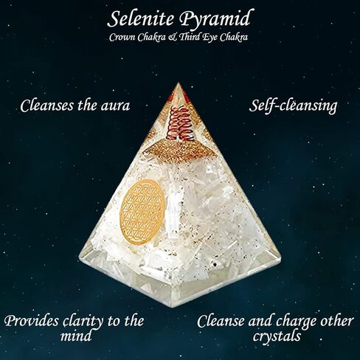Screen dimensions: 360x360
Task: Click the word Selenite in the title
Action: pyautogui.click(x=140, y=18)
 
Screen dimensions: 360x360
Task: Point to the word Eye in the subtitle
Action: pyautogui.click(x=210, y=38)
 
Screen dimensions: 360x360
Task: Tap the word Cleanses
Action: pyautogui.click(x=47, y=105)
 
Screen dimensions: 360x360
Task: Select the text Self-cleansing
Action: pyautogui.click(x=293, y=106)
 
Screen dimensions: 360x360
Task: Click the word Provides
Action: pyautogui.click(x=32, y=321)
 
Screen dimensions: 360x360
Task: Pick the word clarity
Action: pyautogui.click(x=83, y=322)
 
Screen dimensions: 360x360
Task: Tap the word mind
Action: pyautogui.click(x=76, y=336)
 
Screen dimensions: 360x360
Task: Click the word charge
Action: pyautogui.click(x=293, y=322)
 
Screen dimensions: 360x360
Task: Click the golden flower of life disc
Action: pyautogui.click(x=142, y=212)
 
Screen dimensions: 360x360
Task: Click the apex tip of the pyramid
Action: pyautogui.click(x=179, y=83)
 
